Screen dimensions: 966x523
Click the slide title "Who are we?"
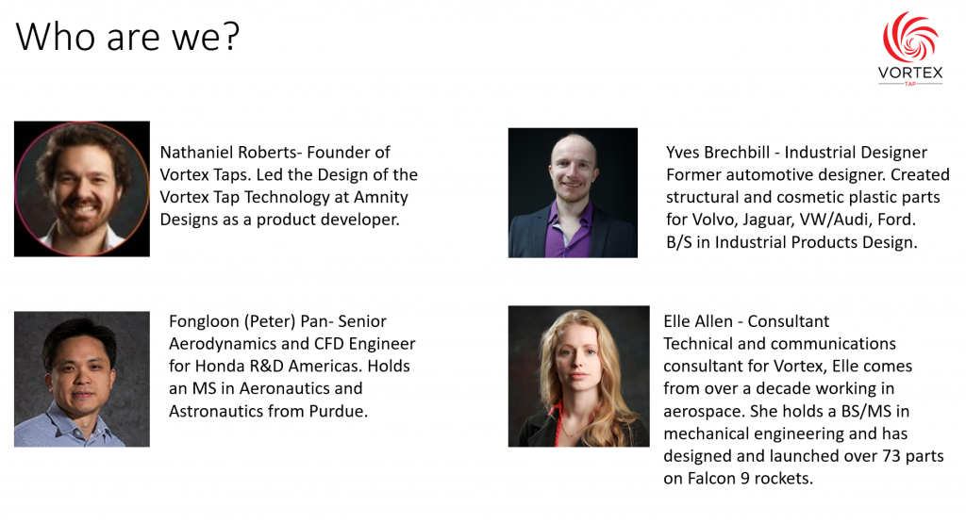[127, 37]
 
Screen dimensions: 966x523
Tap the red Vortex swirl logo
[910, 37]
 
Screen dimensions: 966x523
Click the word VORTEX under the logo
[910, 73]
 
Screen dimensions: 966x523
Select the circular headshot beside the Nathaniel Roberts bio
[82, 188]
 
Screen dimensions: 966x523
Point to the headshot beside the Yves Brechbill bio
[573, 192]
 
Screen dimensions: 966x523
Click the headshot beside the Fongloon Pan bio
[82, 379]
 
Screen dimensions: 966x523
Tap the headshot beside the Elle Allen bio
[578, 376]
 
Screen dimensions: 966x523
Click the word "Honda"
[219, 366]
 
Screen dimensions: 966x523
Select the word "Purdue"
[340, 411]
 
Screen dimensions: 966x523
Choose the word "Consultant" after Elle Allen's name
[789, 321]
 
